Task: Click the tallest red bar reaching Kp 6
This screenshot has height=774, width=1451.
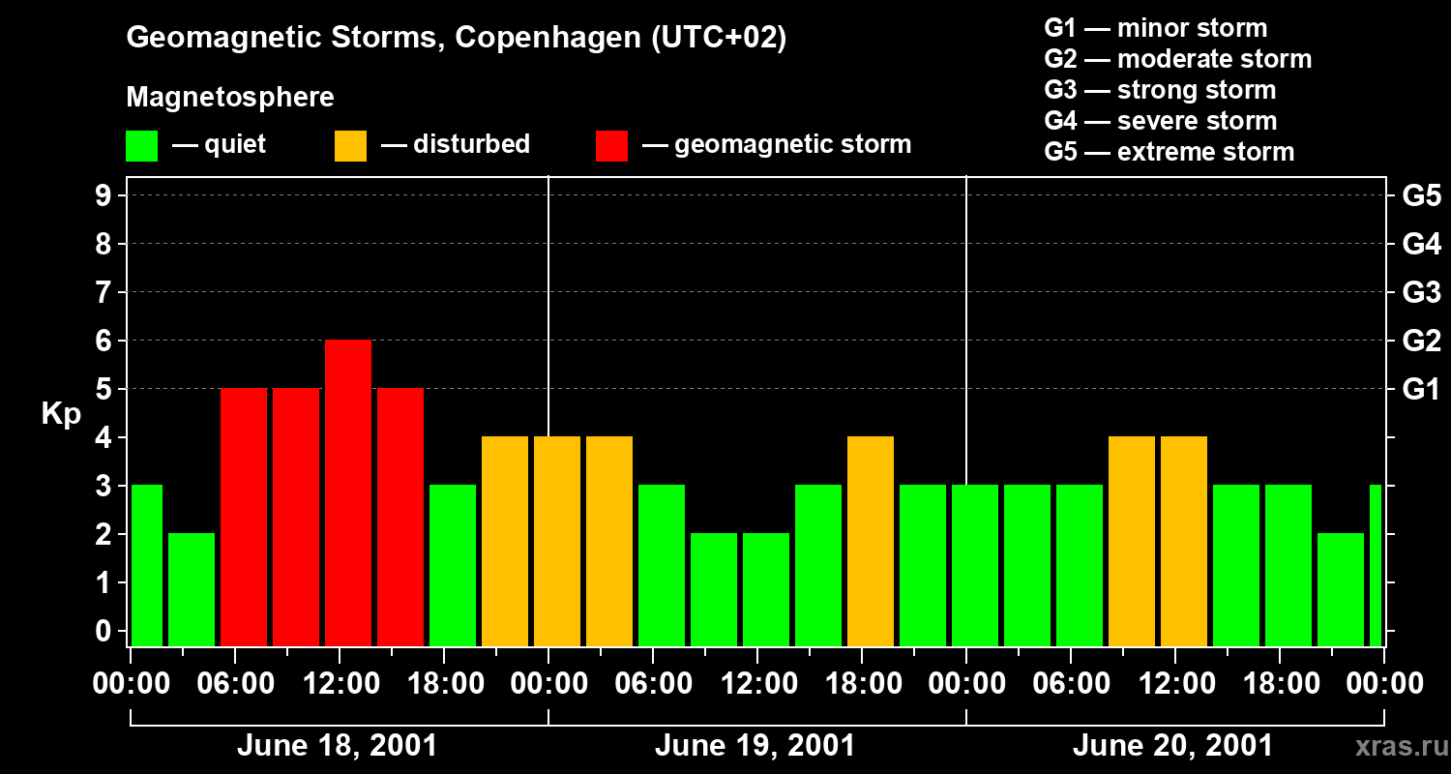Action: pyautogui.click(x=348, y=492)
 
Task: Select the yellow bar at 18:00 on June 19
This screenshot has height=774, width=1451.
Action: pyautogui.click(x=871, y=541)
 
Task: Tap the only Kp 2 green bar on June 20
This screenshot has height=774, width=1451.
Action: pyautogui.click(x=1341, y=589)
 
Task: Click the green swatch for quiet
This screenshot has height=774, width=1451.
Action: pyautogui.click(x=141, y=146)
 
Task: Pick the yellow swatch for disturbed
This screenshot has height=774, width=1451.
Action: pyautogui.click(x=350, y=146)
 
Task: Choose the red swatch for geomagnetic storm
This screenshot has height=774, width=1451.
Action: pyautogui.click(x=611, y=146)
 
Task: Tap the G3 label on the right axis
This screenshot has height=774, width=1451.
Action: pyautogui.click(x=1421, y=292)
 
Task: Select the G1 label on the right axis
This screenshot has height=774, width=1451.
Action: pyautogui.click(x=1421, y=390)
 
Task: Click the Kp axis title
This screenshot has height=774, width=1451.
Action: pyautogui.click(x=60, y=414)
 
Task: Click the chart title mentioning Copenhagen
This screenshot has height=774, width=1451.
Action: pyautogui.click(x=456, y=39)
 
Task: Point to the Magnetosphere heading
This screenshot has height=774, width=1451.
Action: pyautogui.click(x=230, y=98)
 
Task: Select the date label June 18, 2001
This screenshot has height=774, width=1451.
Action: pyautogui.click(x=337, y=746)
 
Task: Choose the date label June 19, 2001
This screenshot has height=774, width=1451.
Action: pyautogui.click(x=755, y=746)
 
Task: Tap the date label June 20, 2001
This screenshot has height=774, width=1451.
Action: pyautogui.click(x=1172, y=746)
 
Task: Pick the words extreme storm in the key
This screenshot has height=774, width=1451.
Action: pyautogui.click(x=1205, y=152)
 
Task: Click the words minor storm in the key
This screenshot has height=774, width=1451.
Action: pyautogui.click(x=1192, y=28)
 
